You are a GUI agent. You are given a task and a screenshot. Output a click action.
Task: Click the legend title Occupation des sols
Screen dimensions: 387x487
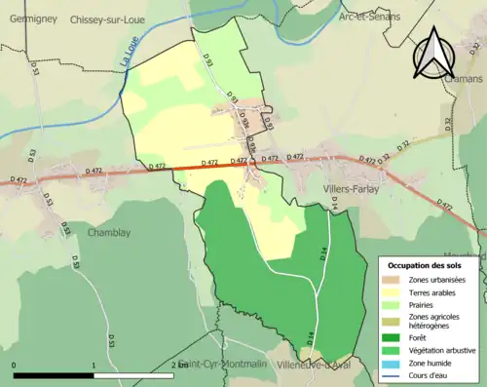[426, 264]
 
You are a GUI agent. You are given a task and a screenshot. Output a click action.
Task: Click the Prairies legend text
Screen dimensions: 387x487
[424, 305]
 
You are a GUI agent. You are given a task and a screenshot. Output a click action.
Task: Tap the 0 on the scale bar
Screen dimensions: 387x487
[15, 366]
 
